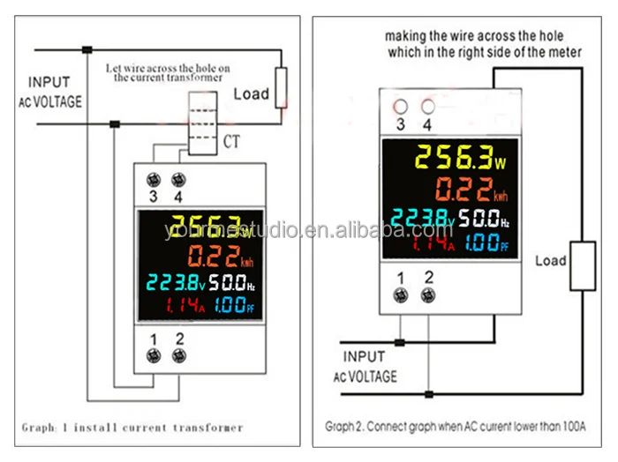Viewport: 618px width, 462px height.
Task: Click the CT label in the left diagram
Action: [x=230, y=140]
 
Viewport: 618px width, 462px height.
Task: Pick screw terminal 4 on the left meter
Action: [x=179, y=179]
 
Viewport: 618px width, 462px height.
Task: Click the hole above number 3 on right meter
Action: [x=400, y=106]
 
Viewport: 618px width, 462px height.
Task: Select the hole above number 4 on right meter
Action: [x=428, y=106]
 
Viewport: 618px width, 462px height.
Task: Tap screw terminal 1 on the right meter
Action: [x=400, y=296]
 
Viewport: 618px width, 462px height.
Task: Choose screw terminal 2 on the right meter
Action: [x=428, y=296]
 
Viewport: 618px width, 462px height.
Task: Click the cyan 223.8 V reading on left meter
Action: [x=177, y=285]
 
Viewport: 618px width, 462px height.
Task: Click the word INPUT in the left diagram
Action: [x=49, y=83]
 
